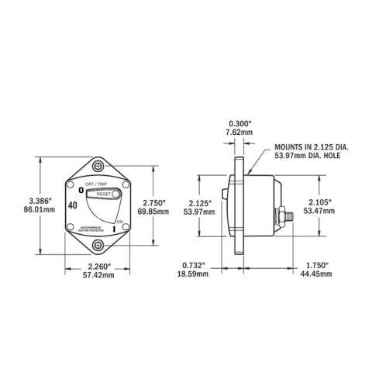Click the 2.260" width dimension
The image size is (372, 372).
[x=98, y=266]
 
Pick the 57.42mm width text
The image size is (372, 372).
[x=98, y=275]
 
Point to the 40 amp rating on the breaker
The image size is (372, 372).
[x=72, y=206]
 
